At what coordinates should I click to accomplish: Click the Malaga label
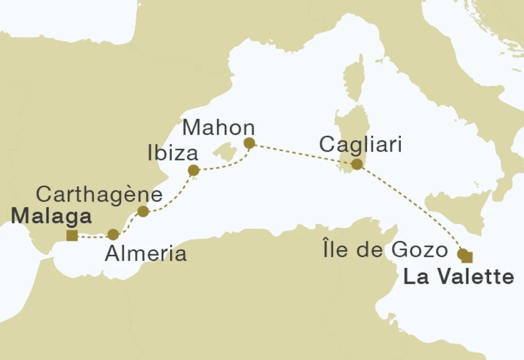51,216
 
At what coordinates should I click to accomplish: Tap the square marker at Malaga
73,235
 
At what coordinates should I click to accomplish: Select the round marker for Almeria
113,235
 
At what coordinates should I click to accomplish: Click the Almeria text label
146,254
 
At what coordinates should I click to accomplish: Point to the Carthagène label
99,195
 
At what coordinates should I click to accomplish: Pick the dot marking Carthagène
143,211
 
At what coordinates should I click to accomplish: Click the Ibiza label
173,154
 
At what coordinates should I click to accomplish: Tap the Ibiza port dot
194,170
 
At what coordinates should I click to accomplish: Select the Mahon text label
218,128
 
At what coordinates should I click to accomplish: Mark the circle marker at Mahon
250,143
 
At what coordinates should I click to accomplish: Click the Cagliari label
361,144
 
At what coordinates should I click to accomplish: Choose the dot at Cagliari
357,164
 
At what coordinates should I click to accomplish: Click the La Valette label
458,277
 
